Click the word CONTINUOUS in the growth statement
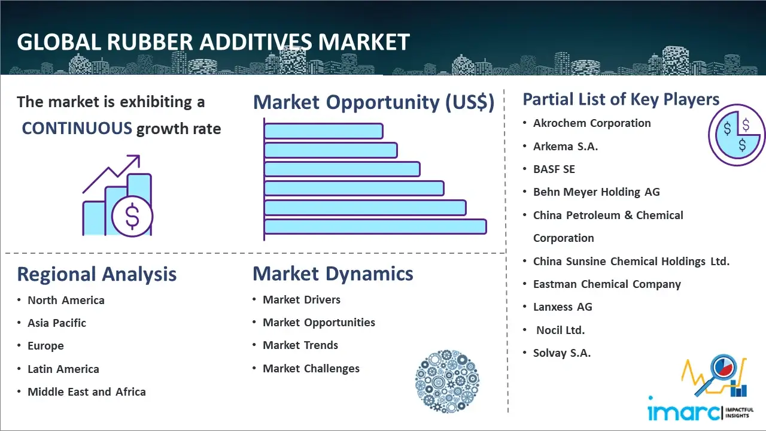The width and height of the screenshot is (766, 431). point(77,129)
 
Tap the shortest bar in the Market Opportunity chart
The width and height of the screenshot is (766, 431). point(324,131)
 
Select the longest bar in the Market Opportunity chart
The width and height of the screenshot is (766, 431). point(375,227)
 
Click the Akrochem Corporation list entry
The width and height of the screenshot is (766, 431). point(592,123)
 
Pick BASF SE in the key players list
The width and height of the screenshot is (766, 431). point(554,169)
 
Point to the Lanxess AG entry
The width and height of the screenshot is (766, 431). point(563,307)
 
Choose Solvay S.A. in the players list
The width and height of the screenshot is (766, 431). point(562,353)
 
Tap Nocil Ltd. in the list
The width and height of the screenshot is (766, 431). point(561,330)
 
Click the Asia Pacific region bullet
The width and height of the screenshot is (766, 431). point(57,323)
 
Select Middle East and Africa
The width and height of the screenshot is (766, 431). point(87,391)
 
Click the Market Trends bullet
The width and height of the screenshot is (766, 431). point(300,345)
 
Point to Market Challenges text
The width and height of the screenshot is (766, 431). point(311,368)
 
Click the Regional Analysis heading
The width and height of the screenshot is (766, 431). point(97,274)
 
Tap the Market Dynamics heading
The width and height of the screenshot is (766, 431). point(333,274)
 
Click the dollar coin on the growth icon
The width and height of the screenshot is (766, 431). point(132,216)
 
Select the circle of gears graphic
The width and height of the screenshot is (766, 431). point(447,381)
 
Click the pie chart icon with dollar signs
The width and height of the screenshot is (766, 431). point(737,135)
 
